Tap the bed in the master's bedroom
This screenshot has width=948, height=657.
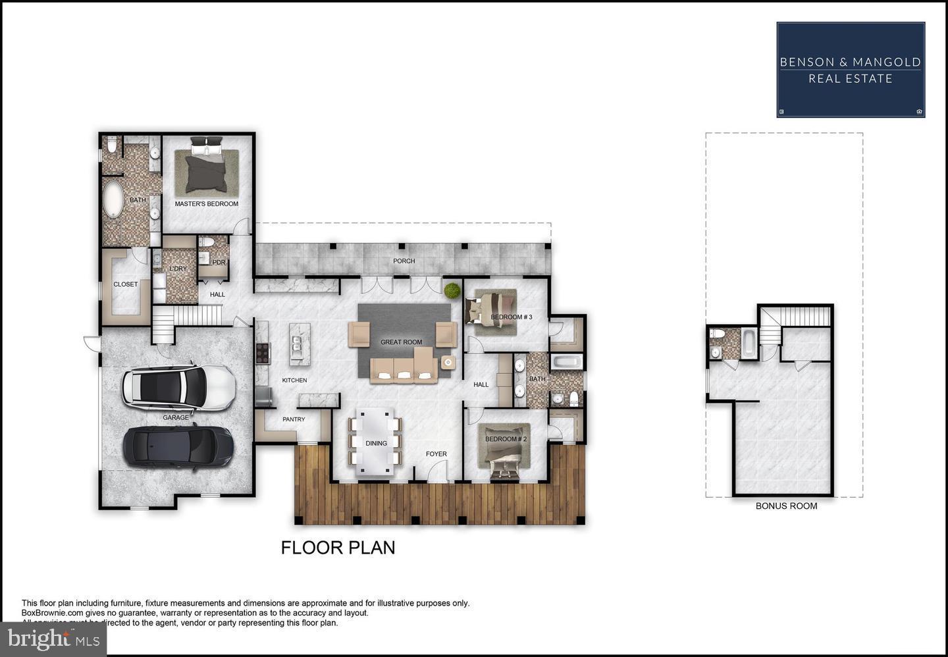206,167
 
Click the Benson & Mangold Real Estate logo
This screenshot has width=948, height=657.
851,70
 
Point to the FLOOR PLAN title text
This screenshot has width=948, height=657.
338,548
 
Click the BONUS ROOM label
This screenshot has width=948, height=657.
786,506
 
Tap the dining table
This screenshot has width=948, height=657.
376,442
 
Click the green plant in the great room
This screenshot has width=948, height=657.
452,290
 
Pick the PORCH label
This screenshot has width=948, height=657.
404,261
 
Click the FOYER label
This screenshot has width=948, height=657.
436,454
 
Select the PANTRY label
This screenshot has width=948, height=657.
294,419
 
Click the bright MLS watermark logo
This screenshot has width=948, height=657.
53,639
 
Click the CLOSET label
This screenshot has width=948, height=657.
125,284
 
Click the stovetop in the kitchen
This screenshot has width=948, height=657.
263,354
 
